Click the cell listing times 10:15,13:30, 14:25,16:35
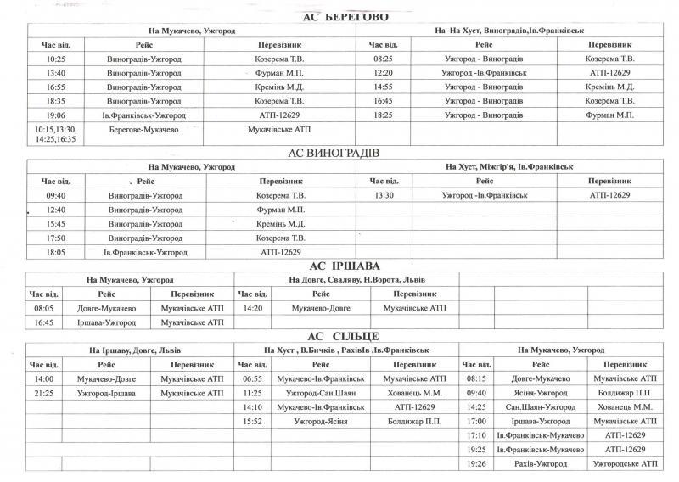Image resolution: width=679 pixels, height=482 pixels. [55, 133]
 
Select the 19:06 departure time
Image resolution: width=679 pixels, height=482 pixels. [55, 115]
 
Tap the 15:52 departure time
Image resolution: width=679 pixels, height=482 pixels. [252, 421]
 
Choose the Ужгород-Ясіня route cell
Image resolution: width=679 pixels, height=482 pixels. [321, 421]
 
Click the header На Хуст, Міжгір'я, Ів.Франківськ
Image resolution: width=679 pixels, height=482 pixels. [508, 167]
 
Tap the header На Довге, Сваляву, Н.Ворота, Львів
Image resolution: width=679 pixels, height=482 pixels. [345, 279]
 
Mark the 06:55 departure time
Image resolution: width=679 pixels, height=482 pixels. [252, 378]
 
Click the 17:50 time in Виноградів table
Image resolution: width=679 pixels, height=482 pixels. [56, 238]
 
